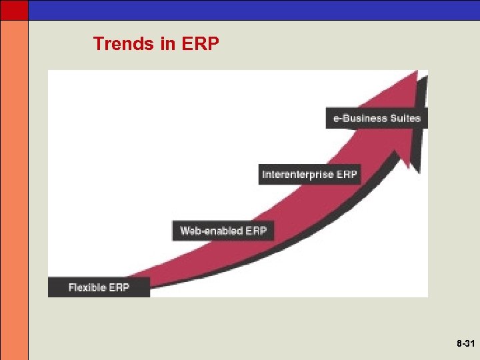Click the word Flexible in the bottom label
[x=89, y=287]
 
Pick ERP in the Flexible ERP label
[x=120, y=287]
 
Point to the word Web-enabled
[x=211, y=231]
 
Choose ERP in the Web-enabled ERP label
[x=256, y=231]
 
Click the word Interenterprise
[x=298, y=175]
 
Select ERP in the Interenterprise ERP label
[x=347, y=175]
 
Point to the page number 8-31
[x=465, y=344]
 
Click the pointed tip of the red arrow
[x=417, y=73]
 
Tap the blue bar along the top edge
[x=253, y=9]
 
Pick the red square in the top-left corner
[x=14, y=9]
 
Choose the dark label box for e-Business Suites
[x=376, y=117]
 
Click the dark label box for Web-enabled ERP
[x=223, y=231]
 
